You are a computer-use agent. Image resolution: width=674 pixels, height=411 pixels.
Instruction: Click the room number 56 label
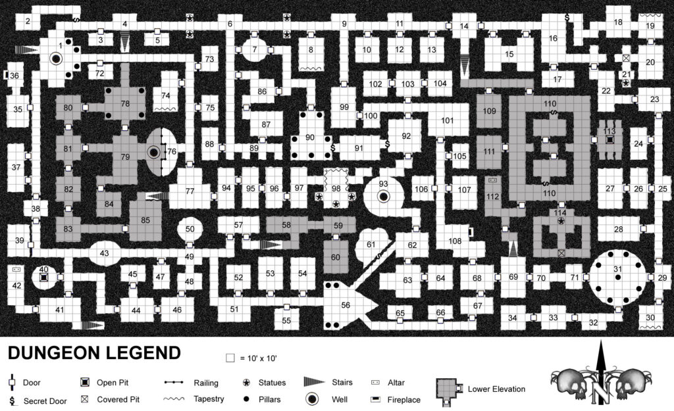346,305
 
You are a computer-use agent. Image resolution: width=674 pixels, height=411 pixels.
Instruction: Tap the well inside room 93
384,197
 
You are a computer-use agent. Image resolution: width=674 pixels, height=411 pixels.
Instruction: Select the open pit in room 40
43,278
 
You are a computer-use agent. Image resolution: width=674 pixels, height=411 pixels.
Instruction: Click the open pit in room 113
609,139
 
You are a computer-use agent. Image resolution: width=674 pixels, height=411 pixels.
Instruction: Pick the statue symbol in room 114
561,221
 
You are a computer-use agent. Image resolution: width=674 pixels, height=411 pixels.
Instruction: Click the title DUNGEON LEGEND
94,353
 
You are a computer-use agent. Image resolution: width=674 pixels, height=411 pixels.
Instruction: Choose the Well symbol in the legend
313,399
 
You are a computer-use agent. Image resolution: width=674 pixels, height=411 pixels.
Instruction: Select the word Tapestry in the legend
209,399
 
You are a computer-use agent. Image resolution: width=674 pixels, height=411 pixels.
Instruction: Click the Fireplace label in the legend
403,400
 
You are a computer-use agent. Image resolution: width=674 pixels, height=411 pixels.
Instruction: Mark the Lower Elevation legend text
496,389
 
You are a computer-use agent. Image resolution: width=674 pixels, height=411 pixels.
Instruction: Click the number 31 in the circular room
617,269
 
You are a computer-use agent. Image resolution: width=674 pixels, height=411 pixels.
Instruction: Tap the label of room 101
447,121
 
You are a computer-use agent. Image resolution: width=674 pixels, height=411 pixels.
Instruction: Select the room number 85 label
145,220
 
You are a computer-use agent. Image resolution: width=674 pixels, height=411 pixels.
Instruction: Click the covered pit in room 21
627,58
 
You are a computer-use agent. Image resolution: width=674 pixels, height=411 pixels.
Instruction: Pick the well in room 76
153,152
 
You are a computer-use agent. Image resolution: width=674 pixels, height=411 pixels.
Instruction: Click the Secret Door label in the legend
45,401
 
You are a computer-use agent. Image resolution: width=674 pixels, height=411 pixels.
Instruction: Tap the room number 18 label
617,22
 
